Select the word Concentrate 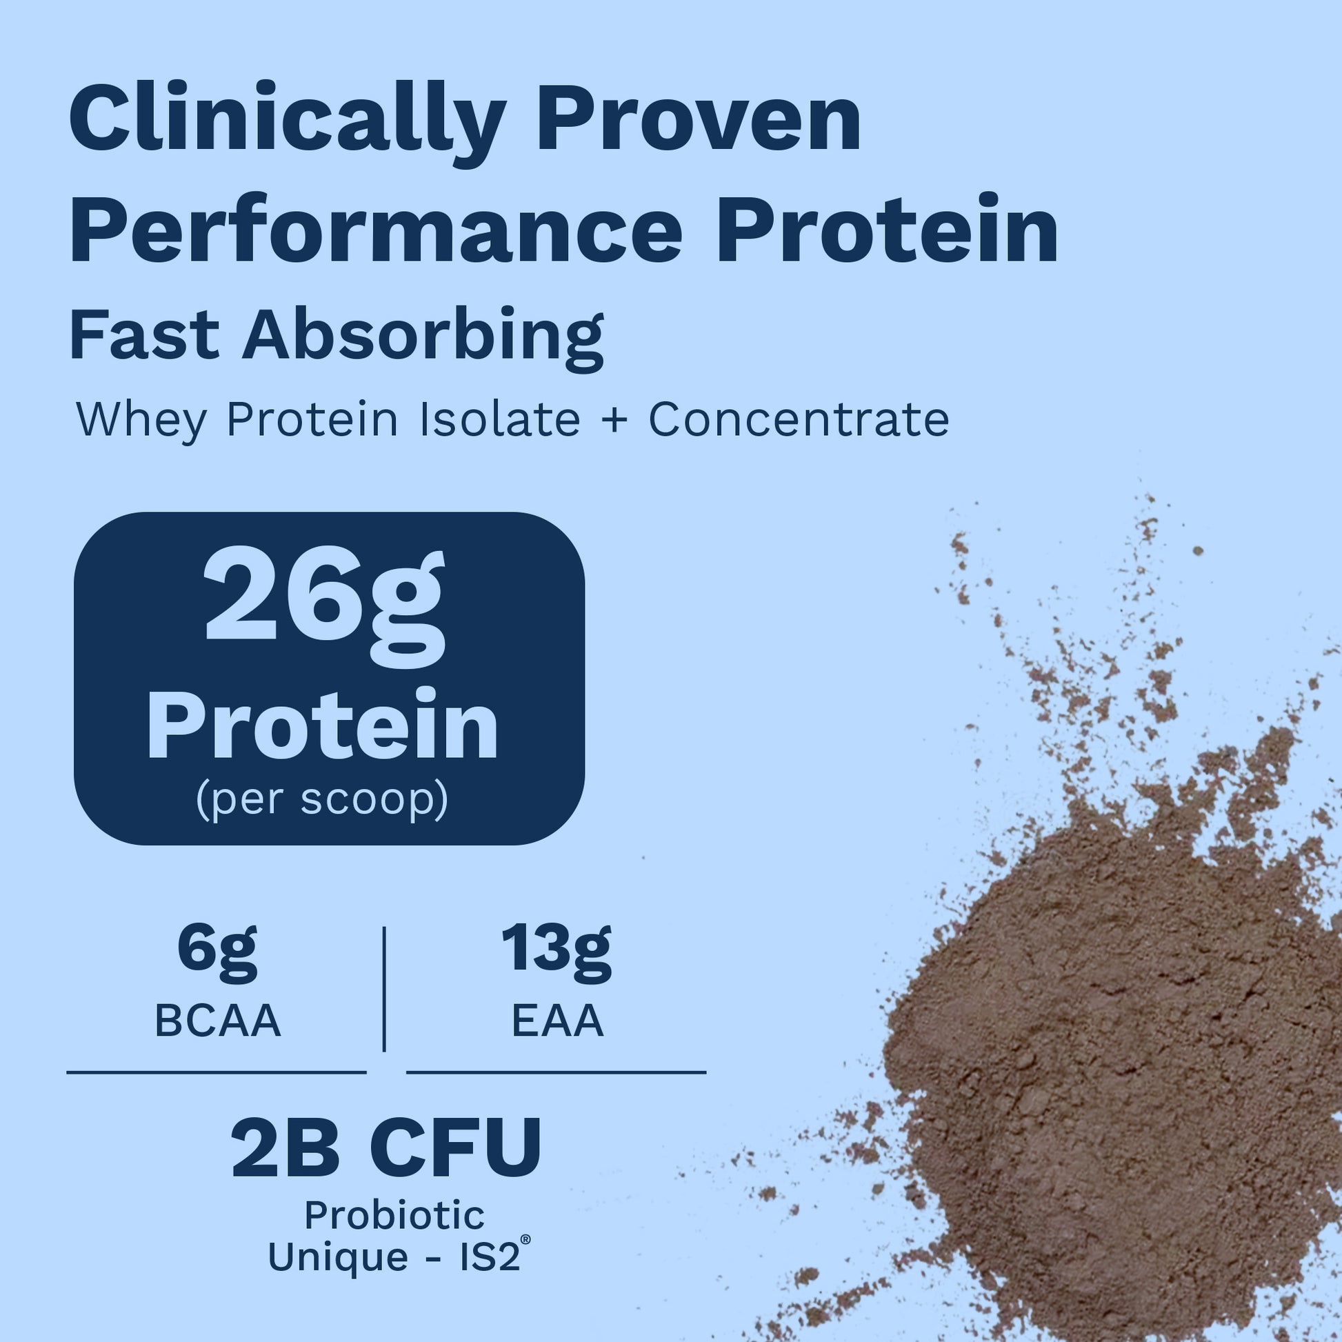tap(799, 419)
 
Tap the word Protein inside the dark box tap(322, 725)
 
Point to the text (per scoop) tap(322, 800)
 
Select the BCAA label tap(217, 1022)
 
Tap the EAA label tap(558, 1022)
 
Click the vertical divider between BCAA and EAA tap(384, 989)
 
